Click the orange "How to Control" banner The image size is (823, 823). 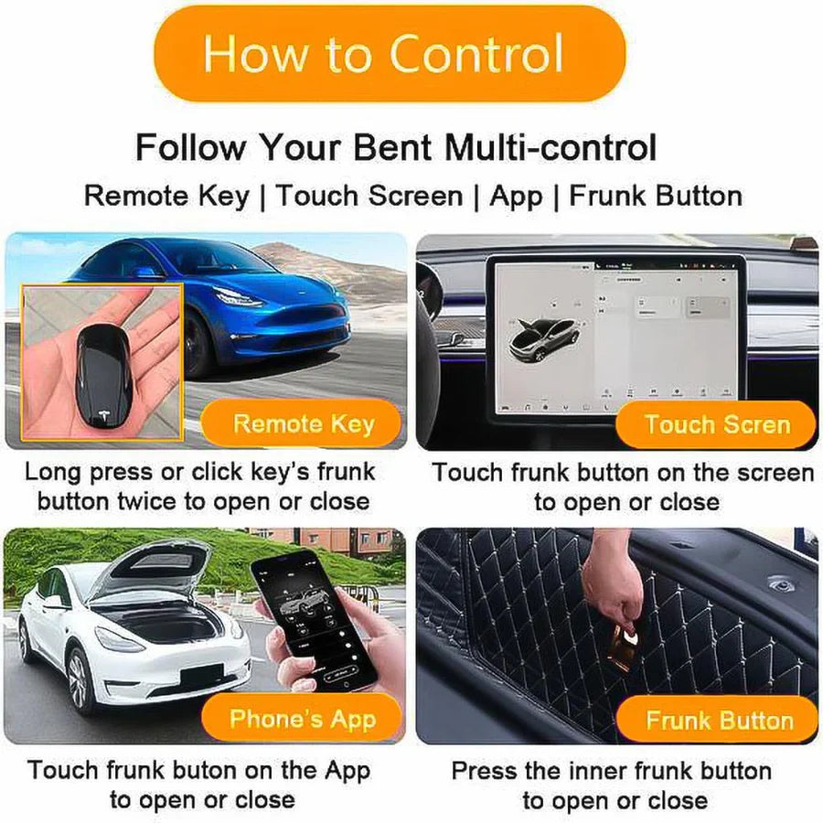pos(384,53)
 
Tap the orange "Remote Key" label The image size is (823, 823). pos(303,424)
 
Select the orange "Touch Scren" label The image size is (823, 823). pos(717,424)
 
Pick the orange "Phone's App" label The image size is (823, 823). pos(303,719)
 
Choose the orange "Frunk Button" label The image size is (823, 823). pos(719,721)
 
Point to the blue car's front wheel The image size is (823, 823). pos(198,343)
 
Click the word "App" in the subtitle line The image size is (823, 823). pos(516,196)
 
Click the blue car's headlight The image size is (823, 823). pos(236,297)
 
